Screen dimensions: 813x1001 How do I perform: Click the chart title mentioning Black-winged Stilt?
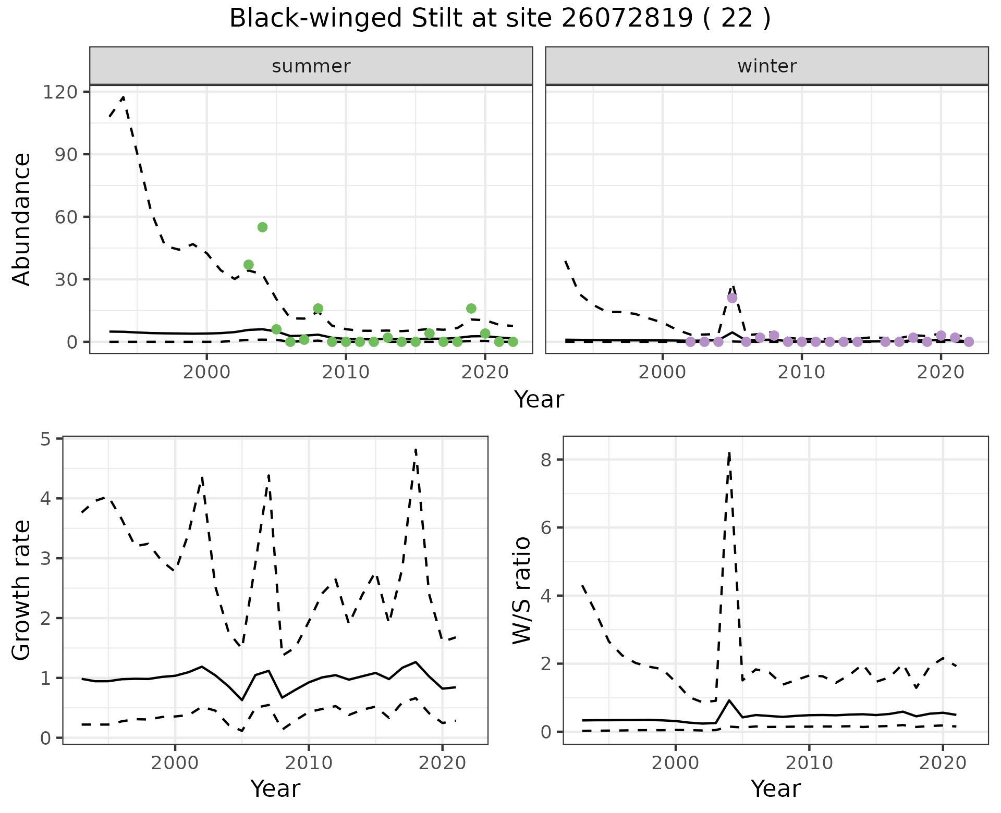tap(499, 19)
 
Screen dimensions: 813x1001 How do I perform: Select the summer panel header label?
tap(311, 66)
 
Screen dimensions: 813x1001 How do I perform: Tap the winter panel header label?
tap(767, 66)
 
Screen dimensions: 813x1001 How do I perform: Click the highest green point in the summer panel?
tap(262, 227)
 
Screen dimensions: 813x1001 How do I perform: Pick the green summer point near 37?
tap(249, 265)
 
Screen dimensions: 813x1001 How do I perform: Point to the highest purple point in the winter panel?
tap(732, 298)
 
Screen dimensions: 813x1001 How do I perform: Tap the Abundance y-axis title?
tap(22, 219)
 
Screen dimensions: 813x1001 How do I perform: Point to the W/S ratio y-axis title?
tap(522, 590)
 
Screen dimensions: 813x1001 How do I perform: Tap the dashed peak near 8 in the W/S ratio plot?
tap(729, 452)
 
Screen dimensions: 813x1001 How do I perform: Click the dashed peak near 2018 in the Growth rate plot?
tap(416, 449)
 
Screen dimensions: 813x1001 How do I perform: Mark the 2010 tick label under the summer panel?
tap(346, 373)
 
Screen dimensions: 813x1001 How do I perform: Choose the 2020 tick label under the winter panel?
tap(942, 373)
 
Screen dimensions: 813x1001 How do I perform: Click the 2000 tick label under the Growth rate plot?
tap(175, 763)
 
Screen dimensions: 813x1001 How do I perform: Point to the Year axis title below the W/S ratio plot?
tap(775, 789)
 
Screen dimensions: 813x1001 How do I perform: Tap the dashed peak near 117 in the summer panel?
tap(123, 97)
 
